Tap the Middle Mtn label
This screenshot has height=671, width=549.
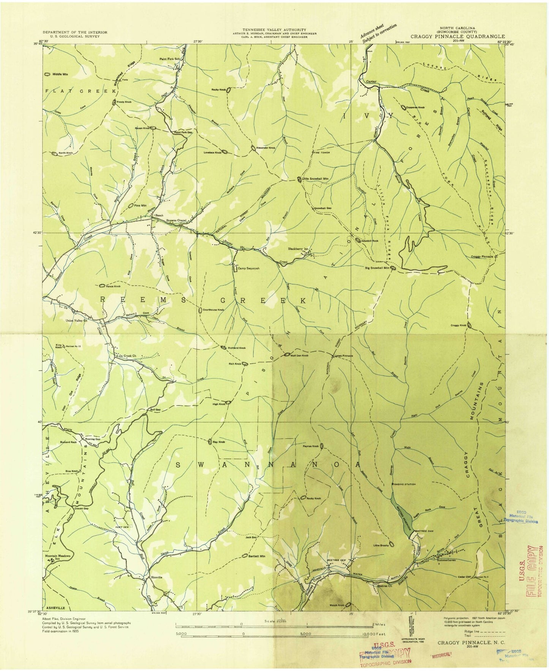(60, 74)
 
